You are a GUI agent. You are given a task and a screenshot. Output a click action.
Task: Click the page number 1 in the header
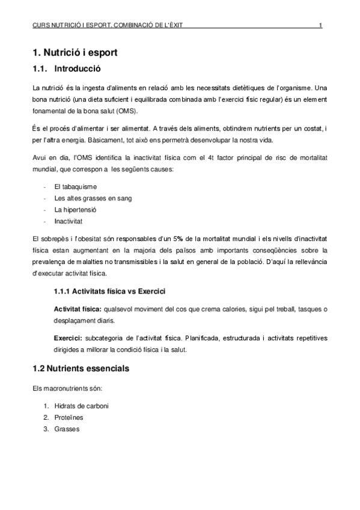tap(321, 25)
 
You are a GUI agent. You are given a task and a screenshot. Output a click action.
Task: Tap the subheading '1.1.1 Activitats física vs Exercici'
tap(109, 291)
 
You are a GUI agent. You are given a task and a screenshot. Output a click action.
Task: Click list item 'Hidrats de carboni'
tap(81, 406)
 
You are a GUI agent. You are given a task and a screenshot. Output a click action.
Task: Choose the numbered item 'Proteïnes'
tap(69, 417)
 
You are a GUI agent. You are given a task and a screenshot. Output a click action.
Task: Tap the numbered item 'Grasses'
tap(66, 429)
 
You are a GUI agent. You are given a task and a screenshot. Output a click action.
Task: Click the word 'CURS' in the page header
tap(42, 25)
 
